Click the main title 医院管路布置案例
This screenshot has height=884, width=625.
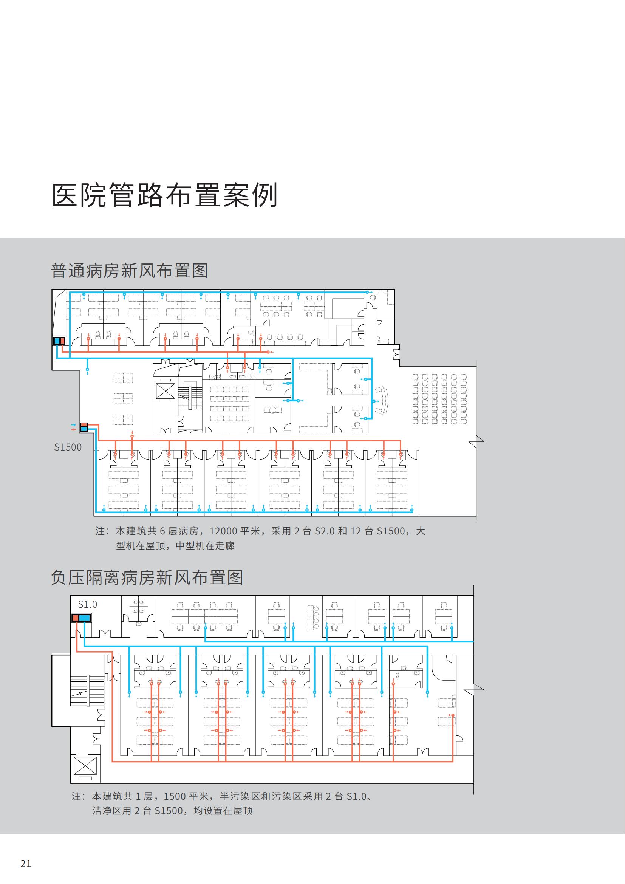coord(164,195)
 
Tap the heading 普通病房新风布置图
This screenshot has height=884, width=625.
coord(129,271)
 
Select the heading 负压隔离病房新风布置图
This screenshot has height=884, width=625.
coord(147,578)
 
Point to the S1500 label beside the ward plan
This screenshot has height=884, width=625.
coord(68,447)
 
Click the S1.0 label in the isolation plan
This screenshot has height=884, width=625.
coord(87,604)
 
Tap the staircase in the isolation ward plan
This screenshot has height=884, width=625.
coord(87,690)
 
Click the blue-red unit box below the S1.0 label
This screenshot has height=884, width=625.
coord(82,618)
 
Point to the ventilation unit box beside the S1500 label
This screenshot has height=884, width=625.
coord(84,427)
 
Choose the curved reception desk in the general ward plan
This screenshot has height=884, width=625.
coord(382,400)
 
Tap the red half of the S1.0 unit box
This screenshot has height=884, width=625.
coord(76,618)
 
